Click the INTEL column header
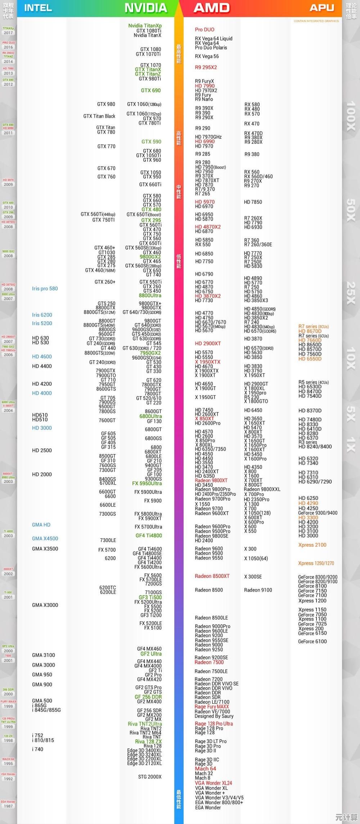[38, 8]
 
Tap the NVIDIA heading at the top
[145, 8]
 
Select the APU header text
[322, 8]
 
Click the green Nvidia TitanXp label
[145, 26]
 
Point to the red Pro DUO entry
[204, 30]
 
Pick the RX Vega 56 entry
[207, 56]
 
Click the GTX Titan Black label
[99, 116]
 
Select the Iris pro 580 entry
[45, 289]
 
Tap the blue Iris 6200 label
[42, 315]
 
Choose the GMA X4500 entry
[45, 539]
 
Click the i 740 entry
[37, 749]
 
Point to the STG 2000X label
[150, 777]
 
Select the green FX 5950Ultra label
[147, 483]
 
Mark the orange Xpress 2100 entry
[312, 545]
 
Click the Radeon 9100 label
[258, 590]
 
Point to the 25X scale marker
[351, 293]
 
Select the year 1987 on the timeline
[8, 806]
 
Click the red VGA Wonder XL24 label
[213, 783]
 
